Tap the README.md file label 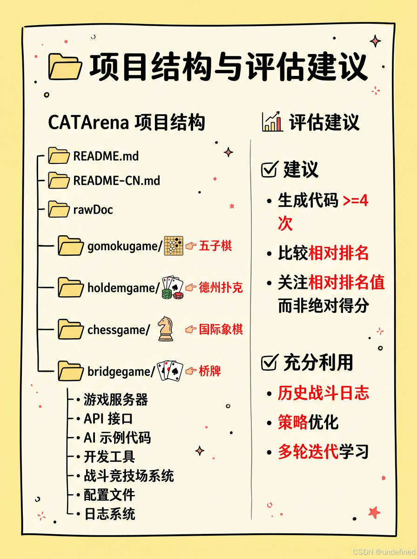[106, 156]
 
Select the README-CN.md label [116, 180]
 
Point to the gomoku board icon [174, 245]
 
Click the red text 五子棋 [215, 245]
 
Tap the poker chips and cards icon [172, 287]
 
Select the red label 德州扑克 [221, 287]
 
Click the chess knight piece [165, 328]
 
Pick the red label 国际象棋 [221, 329]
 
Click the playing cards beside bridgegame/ [170, 371]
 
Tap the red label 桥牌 [209, 371]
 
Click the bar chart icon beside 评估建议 [272, 122]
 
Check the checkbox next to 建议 [269, 170]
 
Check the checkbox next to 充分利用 [269, 362]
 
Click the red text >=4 [356, 201]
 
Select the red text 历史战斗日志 [323, 393]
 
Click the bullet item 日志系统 [109, 514]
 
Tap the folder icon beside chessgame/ [71, 329]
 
